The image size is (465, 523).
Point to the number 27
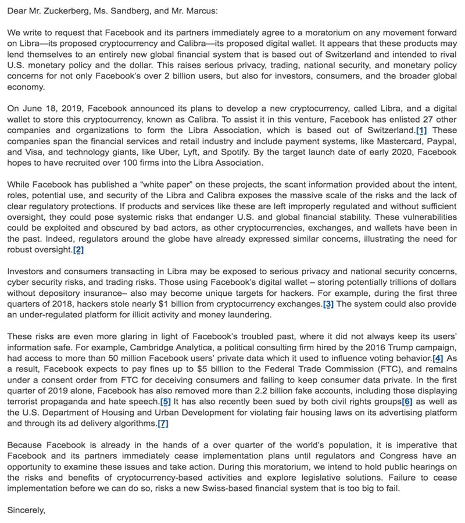425,119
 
